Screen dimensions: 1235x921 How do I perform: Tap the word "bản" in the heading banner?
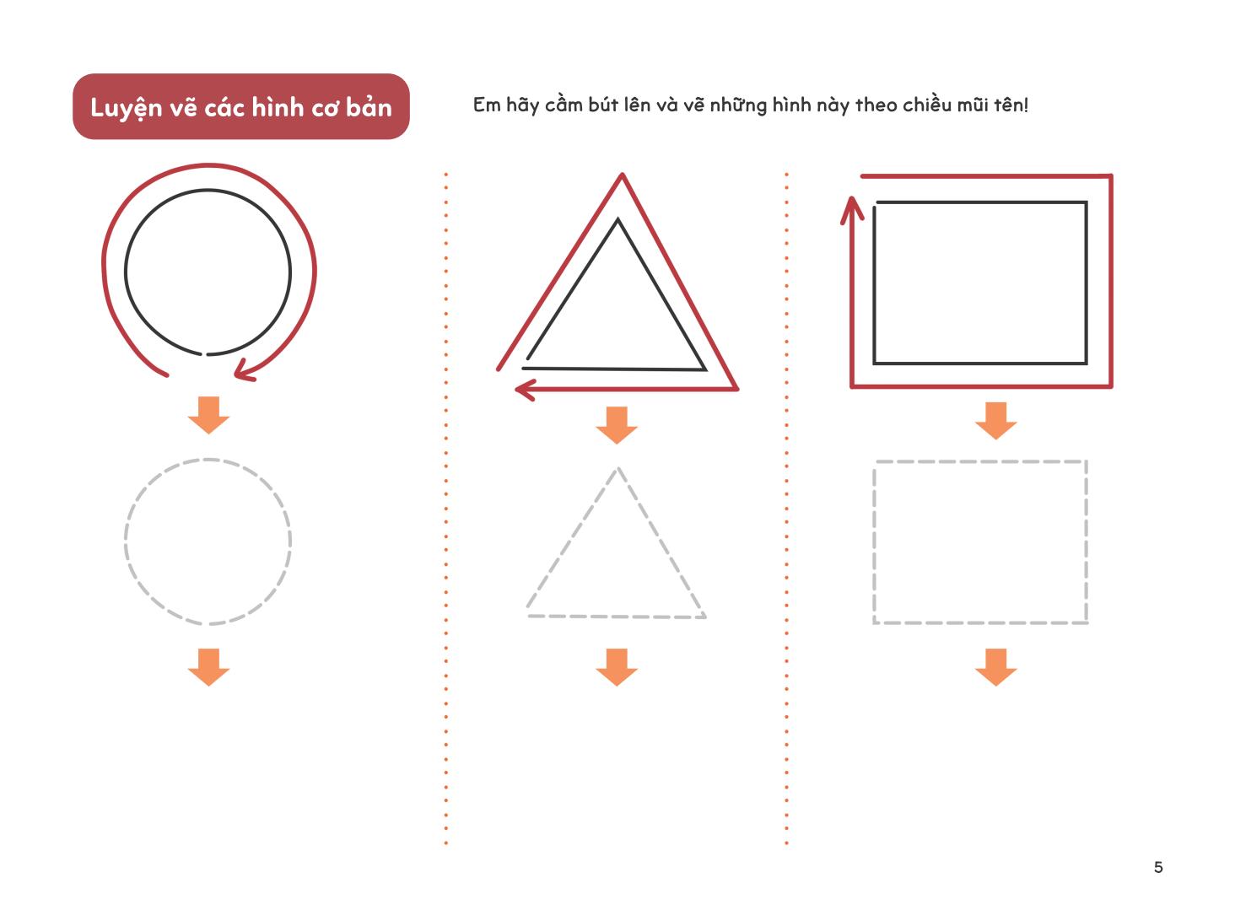tap(369, 107)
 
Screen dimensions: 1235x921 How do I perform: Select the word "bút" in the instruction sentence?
tap(604, 105)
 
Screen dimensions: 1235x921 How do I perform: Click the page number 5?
tap(1158, 867)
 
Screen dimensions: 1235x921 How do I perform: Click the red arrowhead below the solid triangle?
tap(526, 390)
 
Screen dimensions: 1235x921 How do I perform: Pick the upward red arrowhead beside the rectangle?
tap(852, 210)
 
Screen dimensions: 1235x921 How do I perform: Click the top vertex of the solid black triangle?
tap(617, 219)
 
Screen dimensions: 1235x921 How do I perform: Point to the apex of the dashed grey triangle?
tap(617, 468)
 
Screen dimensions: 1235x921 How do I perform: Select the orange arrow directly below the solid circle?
tap(208, 415)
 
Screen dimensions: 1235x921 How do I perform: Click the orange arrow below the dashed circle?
tap(208, 667)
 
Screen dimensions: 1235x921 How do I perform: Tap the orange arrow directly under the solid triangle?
tap(617, 425)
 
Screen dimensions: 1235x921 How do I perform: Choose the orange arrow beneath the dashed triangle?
tap(617, 667)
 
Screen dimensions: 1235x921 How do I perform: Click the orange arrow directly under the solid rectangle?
tap(996, 421)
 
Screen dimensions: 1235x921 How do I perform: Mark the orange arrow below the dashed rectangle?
tap(996, 667)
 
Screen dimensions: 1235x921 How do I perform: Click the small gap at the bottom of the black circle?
tap(204, 354)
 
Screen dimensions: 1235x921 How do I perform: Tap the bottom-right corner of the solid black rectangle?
tap(1086, 364)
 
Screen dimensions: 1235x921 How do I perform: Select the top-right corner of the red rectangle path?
tap(1111, 176)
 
